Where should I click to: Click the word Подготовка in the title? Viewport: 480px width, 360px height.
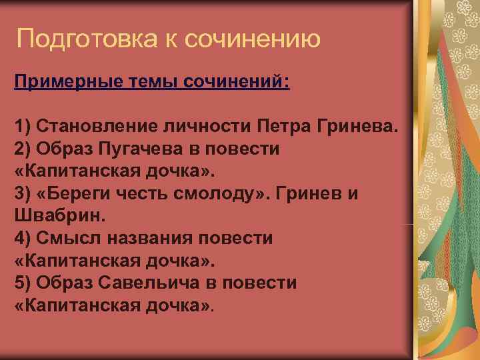click(x=85, y=39)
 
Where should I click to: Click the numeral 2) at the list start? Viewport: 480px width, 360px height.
click(x=22, y=149)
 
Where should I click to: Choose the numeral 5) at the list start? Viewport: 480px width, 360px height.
click(x=22, y=283)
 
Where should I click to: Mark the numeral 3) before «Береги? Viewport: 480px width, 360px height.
click(x=22, y=194)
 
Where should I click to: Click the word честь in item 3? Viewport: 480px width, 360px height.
click(x=150, y=194)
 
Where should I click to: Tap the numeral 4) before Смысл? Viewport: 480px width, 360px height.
click(x=22, y=238)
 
